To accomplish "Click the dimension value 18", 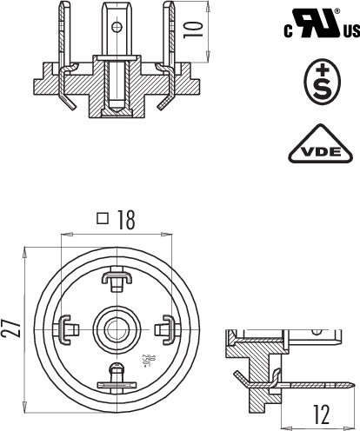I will point(126,221).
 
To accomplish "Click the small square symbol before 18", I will point(103,220).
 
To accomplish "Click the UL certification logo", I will point(315,25).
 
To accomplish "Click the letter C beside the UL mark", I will point(287,33).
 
